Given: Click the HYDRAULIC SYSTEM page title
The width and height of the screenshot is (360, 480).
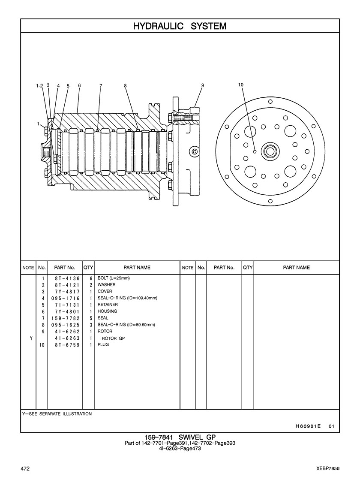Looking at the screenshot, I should click(x=180, y=26).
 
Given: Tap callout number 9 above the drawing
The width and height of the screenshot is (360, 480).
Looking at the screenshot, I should click(x=202, y=85).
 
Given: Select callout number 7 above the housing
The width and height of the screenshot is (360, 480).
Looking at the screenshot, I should click(x=101, y=85).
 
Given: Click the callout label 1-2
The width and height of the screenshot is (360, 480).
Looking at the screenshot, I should click(x=39, y=85).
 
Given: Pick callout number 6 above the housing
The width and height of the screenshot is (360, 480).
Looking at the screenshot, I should click(x=79, y=85).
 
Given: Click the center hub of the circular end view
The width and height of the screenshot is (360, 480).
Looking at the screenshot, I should click(x=270, y=151).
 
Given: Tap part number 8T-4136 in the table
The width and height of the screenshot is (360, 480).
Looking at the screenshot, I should click(x=67, y=278).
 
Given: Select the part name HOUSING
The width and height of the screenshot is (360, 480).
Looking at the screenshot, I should click(x=107, y=311).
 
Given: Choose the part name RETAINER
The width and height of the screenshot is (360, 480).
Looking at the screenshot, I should click(x=108, y=305).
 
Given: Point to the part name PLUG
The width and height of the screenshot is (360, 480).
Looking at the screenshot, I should click(x=103, y=344).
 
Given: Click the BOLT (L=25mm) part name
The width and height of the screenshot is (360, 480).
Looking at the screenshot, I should click(x=114, y=278).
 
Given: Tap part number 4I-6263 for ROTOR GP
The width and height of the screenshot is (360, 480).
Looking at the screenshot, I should click(x=67, y=338).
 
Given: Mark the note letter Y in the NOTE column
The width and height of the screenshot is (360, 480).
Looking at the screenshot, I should click(x=31, y=338).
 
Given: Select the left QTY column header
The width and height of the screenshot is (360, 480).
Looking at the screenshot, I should click(x=88, y=268).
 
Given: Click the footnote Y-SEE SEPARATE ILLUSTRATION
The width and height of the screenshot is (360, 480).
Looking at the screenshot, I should click(x=57, y=414).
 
